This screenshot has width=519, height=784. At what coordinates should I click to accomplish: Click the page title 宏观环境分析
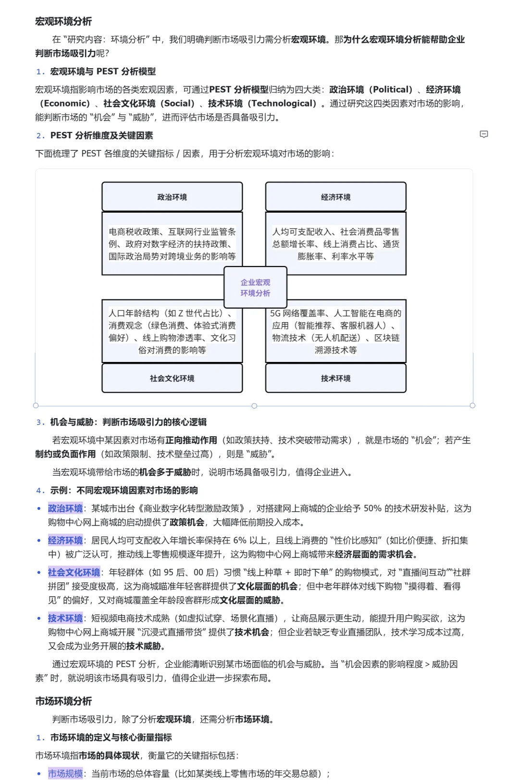(x=63, y=22)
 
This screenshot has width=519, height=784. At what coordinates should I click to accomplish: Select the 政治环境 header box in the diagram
(x=172, y=197)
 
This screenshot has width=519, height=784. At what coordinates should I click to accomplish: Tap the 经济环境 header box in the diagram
(x=335, y=197)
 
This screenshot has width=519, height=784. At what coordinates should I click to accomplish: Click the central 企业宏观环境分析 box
(x=255, y=288)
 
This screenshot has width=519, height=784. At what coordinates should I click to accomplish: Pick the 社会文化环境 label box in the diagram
(x=172, y=378)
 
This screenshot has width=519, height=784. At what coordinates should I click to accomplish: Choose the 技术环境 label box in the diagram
(x=335, y=378)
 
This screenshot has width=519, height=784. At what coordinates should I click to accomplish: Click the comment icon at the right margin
(x=484, y=134)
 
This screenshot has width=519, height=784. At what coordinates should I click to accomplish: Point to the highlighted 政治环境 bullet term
(x=65, y=508)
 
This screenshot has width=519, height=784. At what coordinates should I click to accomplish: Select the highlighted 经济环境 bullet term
(x=65, y=541)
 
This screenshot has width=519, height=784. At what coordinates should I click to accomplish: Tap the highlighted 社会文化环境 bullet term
(x=74, y=572)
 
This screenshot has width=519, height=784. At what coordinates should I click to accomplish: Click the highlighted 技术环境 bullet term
(x=65, y=618)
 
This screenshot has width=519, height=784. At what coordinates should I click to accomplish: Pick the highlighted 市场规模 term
(x=65, y=773)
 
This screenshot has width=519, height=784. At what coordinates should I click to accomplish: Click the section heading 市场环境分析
(x=63, y=701)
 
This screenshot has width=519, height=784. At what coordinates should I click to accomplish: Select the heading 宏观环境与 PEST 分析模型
(x=103, y=72)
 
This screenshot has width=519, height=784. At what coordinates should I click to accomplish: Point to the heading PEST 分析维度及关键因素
(x=101, y=135)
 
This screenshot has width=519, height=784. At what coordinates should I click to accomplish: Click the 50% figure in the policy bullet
(x=372, y=508)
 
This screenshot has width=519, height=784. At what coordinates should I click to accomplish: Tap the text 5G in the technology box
(x=275, y=314)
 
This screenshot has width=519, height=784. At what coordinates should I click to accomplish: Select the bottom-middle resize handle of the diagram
(x=254, y=406)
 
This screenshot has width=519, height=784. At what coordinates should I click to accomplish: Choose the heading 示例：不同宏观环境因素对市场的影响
(x=124, y=490)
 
